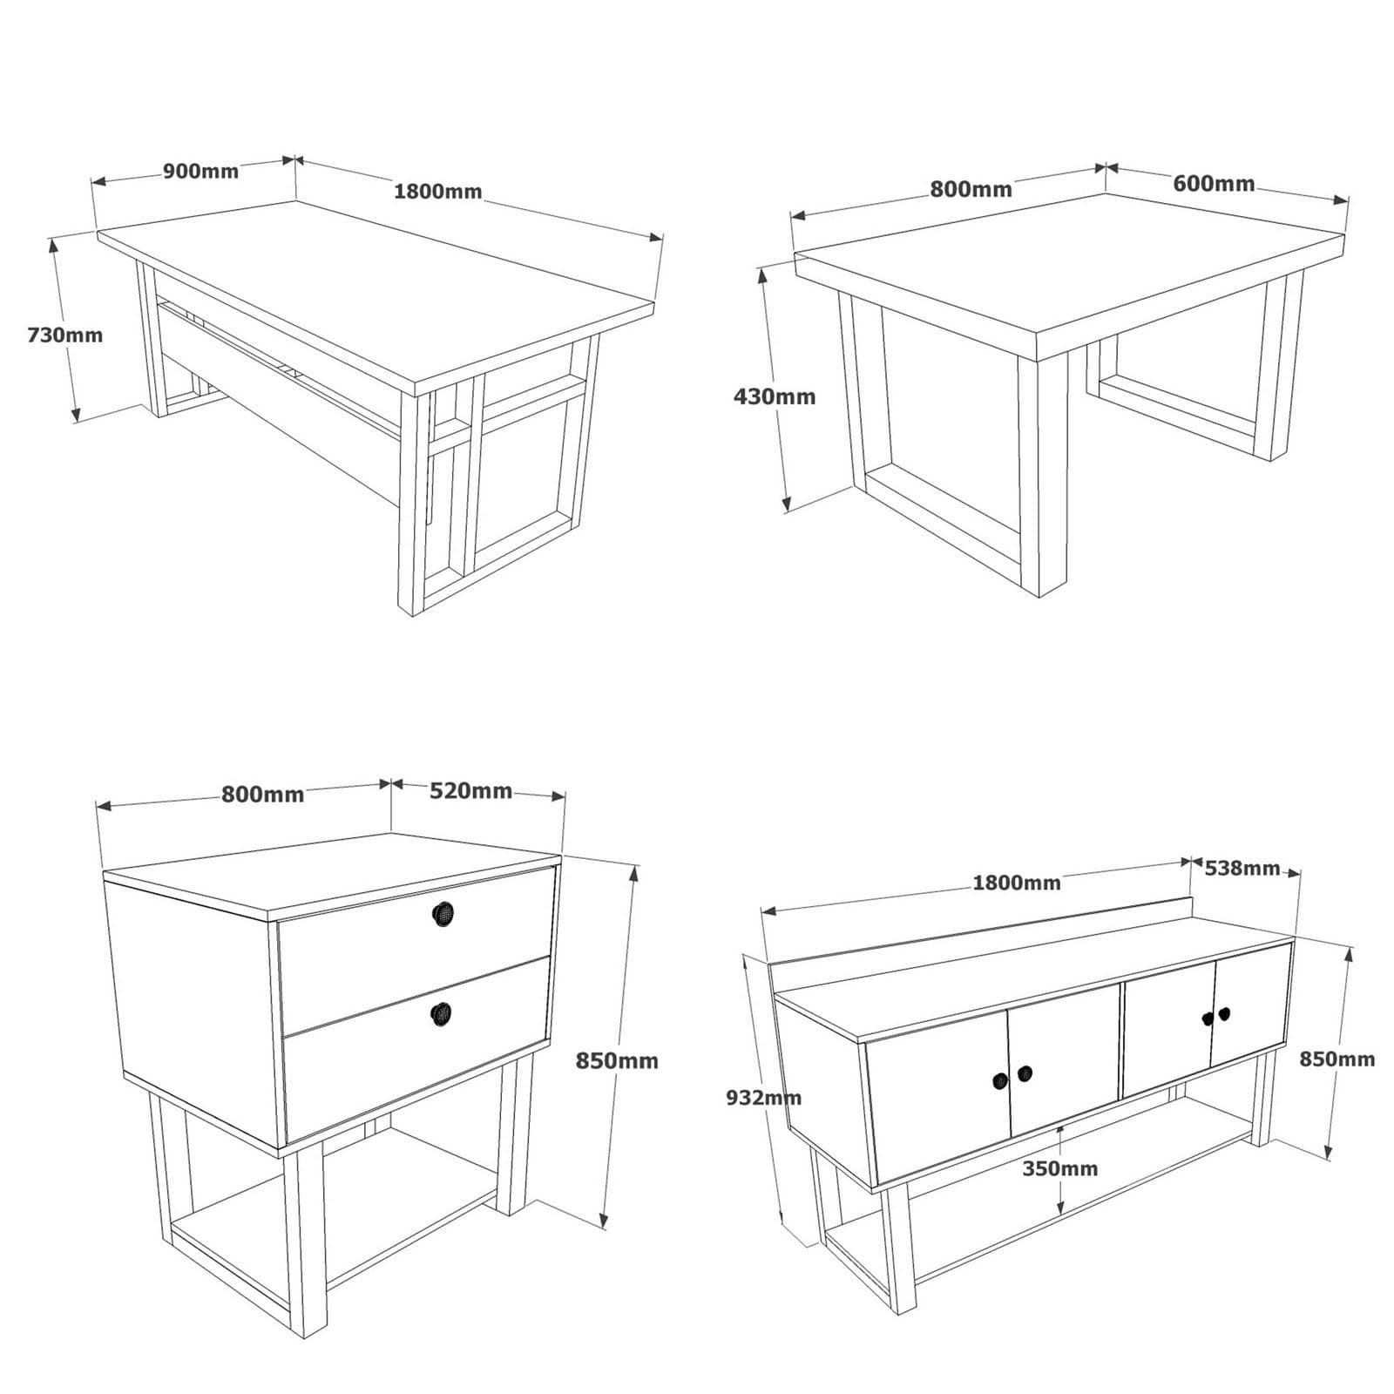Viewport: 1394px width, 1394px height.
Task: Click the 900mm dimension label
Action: click(200, 171)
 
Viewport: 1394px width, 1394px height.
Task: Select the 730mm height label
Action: click(64, 335)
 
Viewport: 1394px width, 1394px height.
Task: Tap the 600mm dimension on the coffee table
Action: click(1214, 184)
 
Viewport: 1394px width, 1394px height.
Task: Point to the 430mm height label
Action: click(775, 396)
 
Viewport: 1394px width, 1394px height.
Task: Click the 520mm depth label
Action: click(470, 790)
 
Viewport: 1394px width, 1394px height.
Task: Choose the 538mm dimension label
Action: click(1242, 869)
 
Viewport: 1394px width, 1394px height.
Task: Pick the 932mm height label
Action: click(763, 1098)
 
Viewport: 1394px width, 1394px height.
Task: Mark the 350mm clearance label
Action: click(1059, 1168)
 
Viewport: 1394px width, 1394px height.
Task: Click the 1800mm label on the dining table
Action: click(437, 192)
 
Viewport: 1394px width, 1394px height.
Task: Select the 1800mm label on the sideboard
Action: click(1016, 883)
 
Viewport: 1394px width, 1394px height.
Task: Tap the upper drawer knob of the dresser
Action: click(443, 913)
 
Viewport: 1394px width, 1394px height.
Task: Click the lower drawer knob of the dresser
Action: click(443, 1013)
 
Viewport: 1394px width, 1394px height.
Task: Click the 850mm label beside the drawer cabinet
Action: click(617, 1061)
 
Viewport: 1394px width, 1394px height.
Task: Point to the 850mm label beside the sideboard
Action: click(1336, 1059)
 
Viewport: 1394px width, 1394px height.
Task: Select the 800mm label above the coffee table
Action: click(971, 189)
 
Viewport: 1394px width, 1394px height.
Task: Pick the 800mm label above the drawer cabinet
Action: click(262, 795)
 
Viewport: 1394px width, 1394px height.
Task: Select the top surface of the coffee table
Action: click(1063, 261)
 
